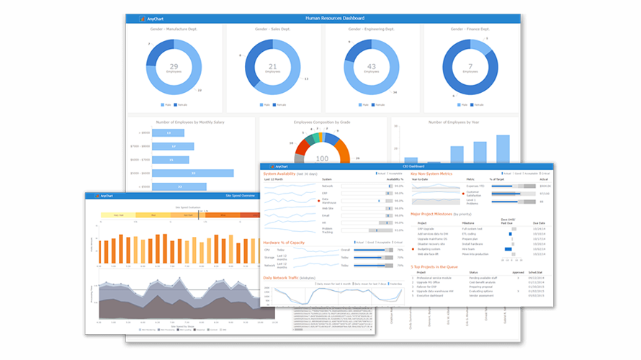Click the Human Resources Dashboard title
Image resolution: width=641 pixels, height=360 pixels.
(x=334, y=18)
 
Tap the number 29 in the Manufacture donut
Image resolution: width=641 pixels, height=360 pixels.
(x=174, y=66)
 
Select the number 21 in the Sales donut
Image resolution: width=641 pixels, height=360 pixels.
(x=272, y=66)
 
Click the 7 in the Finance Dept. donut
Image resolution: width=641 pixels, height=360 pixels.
(x=470, y=66)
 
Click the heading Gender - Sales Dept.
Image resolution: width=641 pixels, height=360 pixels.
(x=272, y=30)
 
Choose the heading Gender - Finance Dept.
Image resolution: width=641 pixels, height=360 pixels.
(x=470, y=30)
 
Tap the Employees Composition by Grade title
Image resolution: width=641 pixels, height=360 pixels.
(x=322, y=122)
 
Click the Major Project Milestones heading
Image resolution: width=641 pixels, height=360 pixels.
(x=441, y=215)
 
